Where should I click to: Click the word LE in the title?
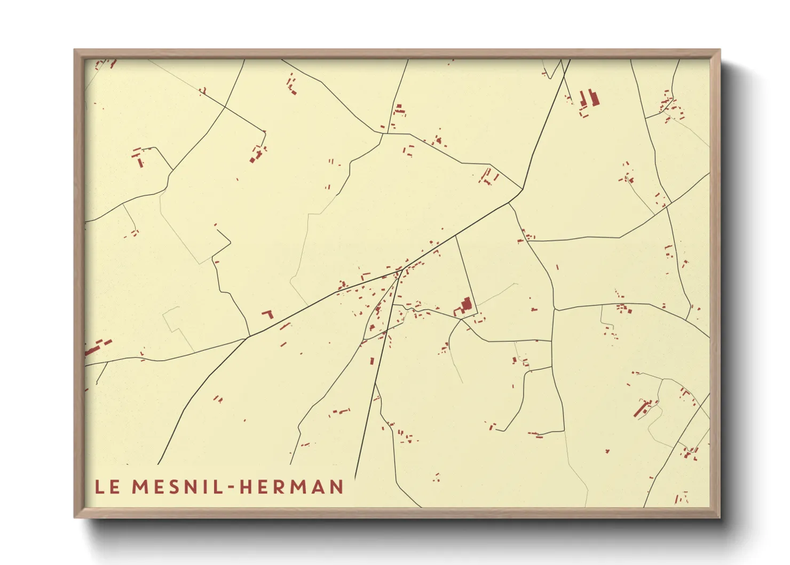click(107, 486)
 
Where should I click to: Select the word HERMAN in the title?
click(291, 486)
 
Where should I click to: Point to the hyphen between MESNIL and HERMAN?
click(231, 487)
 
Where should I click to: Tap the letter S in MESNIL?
click(175, 486)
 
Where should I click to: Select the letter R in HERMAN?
click(276, 486)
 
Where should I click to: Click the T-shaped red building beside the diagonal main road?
click(268, 313)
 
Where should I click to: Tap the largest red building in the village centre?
click(466, 305)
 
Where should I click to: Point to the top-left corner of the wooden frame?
click(75, 50)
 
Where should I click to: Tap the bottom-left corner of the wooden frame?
click(75, 517)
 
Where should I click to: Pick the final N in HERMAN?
click(336, 486)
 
